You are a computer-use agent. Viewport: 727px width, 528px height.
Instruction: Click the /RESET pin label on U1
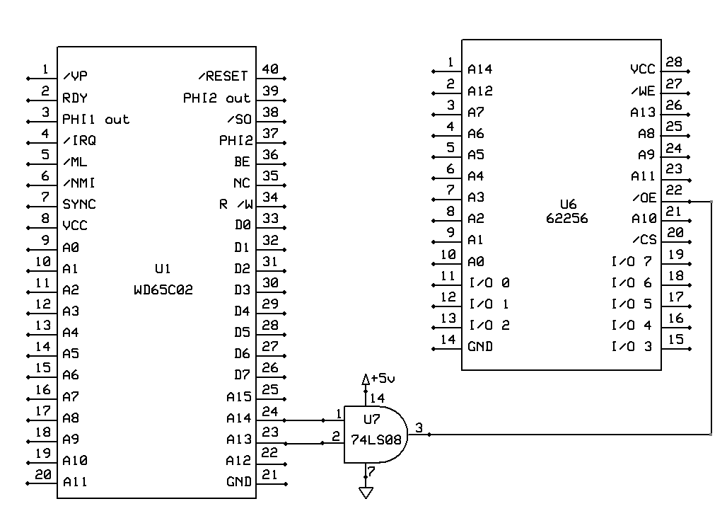click(223, 76)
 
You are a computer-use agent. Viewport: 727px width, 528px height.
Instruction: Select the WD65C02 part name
click(163, 289)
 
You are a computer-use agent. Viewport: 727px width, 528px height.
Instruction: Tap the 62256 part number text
click(566, 218)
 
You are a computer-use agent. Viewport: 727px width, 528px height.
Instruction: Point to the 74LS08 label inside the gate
click(376, 439)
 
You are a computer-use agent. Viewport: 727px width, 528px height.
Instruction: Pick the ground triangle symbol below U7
click(366, 492)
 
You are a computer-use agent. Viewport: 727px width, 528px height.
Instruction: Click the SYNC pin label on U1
click(79, 204)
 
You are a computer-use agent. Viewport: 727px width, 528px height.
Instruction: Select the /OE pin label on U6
click(644, 197)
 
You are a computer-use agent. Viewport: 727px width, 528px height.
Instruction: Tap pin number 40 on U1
click(269, 69)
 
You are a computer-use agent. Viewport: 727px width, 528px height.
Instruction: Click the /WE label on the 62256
click(644, 91)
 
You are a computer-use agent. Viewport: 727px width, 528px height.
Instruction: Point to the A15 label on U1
click(238, 397)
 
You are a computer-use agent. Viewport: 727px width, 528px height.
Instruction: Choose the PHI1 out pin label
click(95, 119)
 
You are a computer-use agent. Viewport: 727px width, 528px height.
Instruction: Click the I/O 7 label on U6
click(631, 262)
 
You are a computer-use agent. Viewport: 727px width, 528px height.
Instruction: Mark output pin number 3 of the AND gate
click(419, 427)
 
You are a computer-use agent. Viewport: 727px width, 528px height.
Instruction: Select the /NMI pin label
click(79, 183)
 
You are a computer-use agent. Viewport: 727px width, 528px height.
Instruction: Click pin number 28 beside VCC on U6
click(674, 62)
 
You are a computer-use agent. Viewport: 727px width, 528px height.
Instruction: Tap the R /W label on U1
click(235, 205)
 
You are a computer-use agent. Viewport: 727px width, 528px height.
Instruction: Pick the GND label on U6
click(480, 347)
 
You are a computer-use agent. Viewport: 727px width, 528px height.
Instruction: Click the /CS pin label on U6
click(644, 240)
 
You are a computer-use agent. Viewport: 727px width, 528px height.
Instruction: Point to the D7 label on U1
click(242, 374)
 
